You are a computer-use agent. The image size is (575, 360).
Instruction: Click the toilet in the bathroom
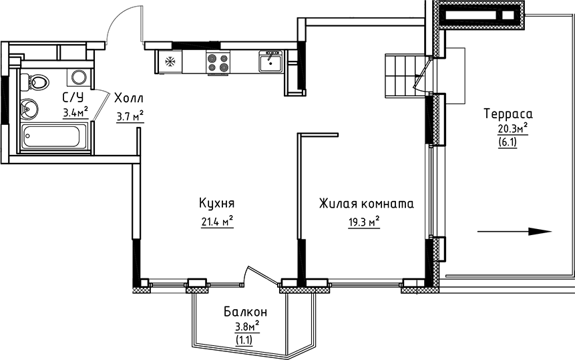tap(38, 83)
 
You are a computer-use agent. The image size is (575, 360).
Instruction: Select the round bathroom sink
tap(30, 106)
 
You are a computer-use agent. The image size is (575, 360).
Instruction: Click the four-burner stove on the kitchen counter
tap(218, 63)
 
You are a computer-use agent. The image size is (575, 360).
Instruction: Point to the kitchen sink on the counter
tap(270, 62)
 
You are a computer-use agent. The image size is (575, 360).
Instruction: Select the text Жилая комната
tap(365, 204)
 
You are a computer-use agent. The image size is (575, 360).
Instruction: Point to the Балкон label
tap(246, 312)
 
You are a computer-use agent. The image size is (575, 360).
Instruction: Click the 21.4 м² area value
tap(216, 221)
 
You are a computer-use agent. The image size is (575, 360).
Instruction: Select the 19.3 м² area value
tap(364, 221)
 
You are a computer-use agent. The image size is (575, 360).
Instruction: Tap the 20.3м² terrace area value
tap(512, 128)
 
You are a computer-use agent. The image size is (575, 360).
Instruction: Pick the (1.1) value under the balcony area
tap(246, 339)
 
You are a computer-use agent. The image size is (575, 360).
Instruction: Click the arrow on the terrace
tap(514, 232)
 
